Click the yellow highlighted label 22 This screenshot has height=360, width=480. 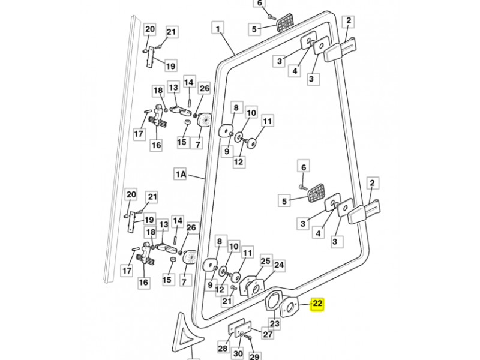[x=317, y=305]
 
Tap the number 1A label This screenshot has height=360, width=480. [x=181, y=175]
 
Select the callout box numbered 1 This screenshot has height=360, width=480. [x=218, y=28]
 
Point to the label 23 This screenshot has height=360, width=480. [x=274, y=325]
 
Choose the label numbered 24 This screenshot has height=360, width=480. [x=279, y=265]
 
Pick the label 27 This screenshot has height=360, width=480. [x=268, y=334]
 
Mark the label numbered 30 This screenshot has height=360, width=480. [x=238, y=354]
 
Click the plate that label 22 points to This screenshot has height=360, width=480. [x=290, y=307]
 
